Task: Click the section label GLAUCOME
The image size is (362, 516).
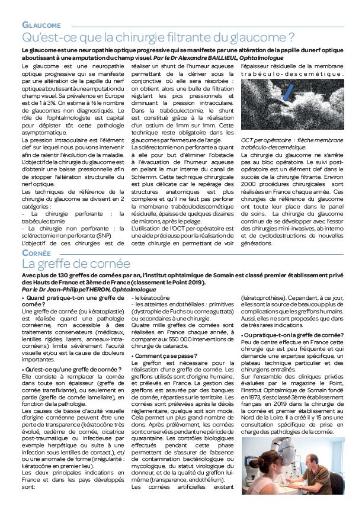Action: [41, 25]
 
